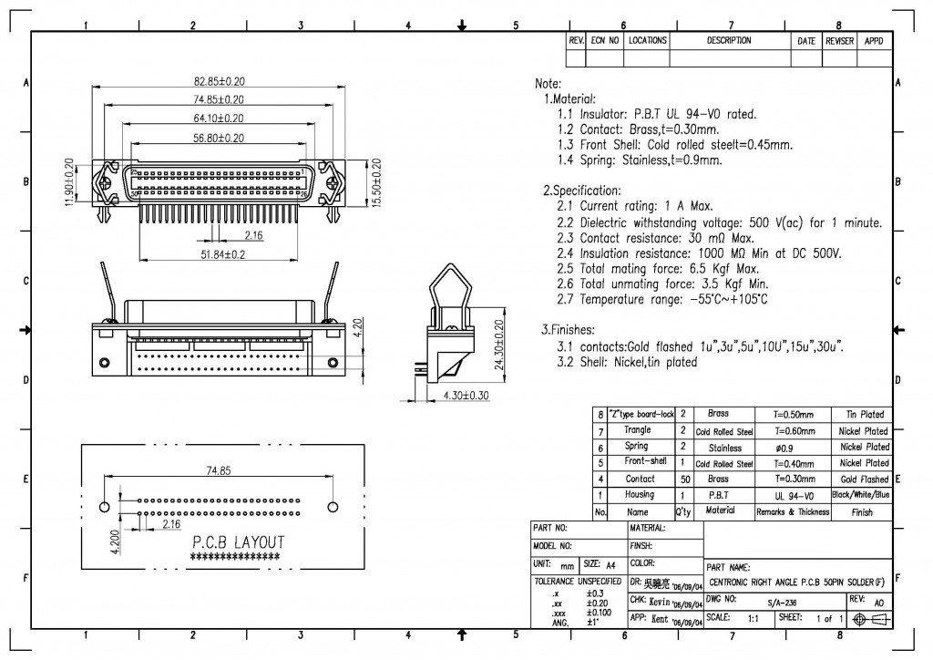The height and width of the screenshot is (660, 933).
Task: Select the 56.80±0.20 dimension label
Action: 218,138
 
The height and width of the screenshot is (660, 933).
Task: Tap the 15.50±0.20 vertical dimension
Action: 376,182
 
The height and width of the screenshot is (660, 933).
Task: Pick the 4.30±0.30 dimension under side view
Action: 465,396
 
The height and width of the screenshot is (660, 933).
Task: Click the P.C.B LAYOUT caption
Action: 237,542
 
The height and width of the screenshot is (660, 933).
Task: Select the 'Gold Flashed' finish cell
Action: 864,479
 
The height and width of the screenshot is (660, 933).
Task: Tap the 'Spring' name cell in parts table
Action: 637,447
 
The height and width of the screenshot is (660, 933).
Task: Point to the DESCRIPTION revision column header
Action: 729,41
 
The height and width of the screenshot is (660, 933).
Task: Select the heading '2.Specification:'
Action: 581,191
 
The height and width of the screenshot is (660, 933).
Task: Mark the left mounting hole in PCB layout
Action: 104,506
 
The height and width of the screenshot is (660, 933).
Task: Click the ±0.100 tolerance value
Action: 599,613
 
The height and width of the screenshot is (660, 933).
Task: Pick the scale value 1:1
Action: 754,618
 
